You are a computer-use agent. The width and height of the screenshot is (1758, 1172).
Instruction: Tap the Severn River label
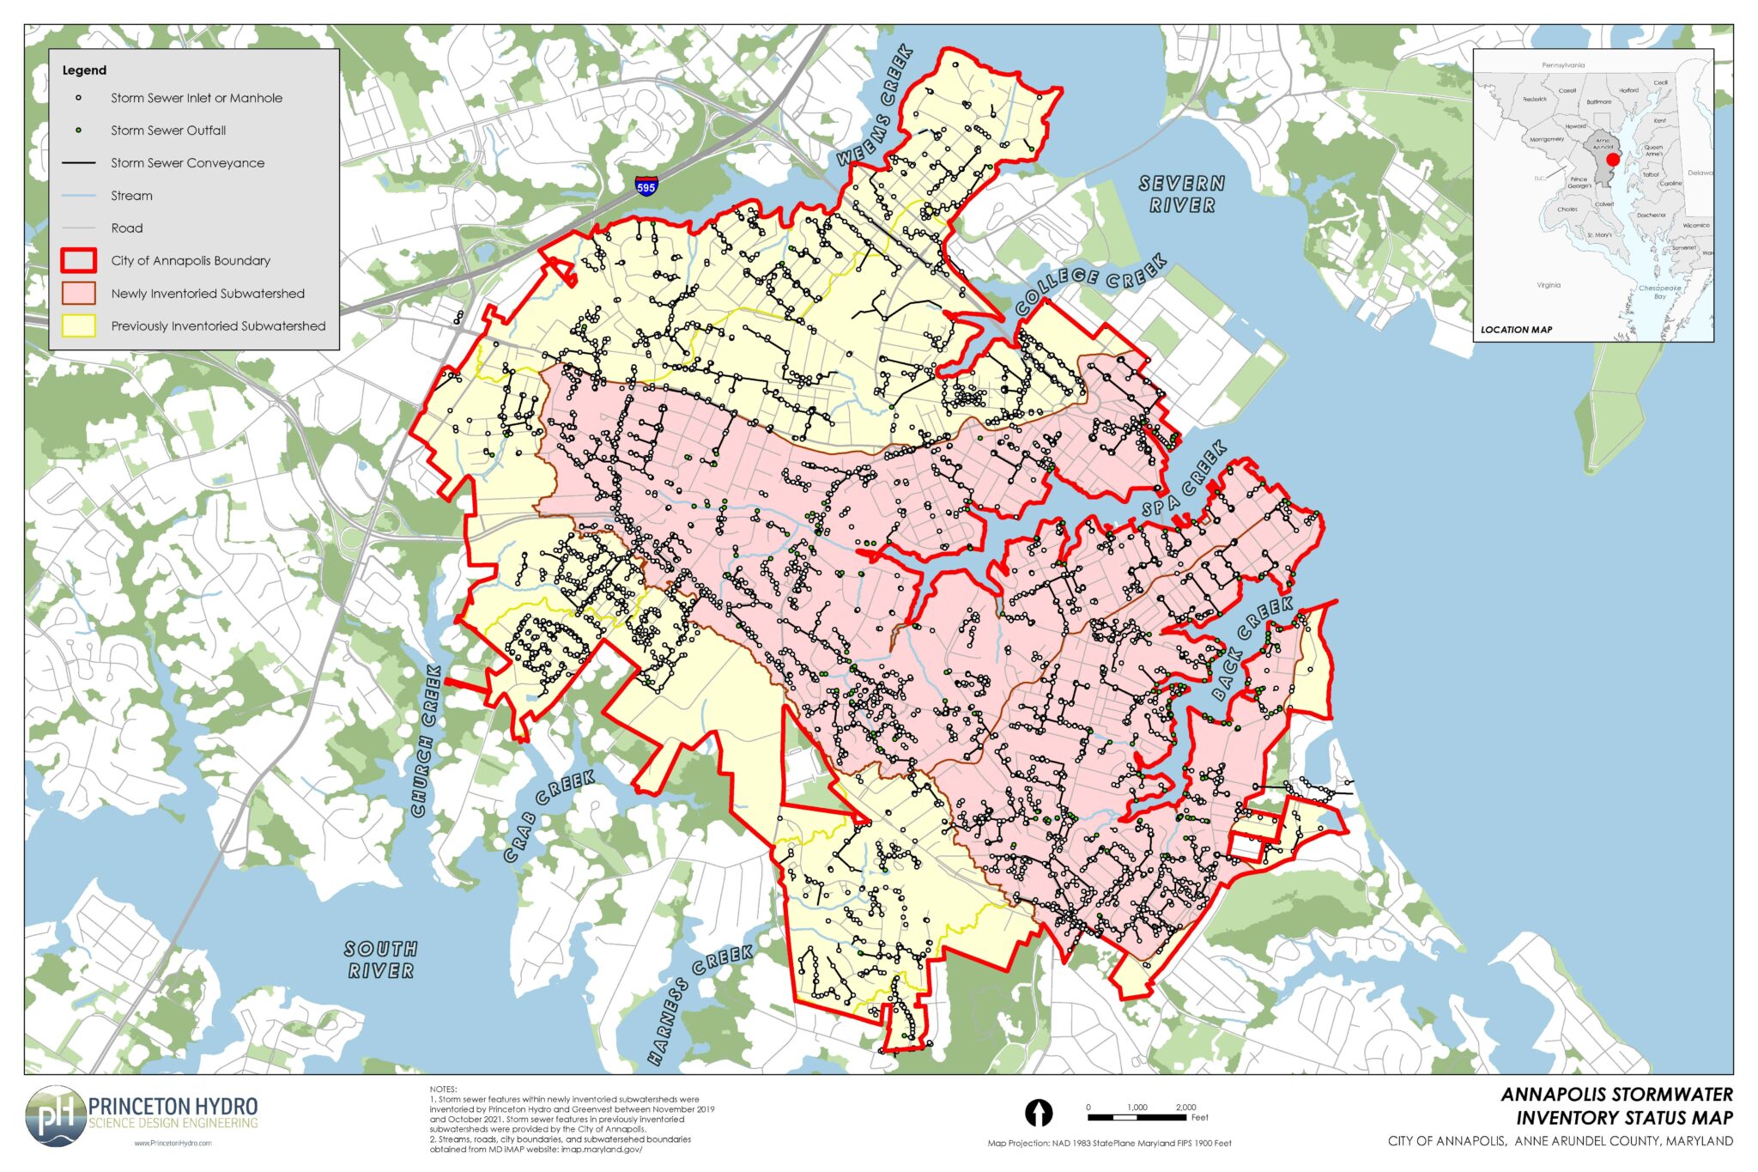pyautogui.click(x=1182, y=194)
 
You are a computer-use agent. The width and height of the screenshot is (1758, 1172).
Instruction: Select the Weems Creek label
pyautogui.click(x=876, y=106)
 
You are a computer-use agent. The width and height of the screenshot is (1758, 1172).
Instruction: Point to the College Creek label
pyautogui.click(x=1090, y=283)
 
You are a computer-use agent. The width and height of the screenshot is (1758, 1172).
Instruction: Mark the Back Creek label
pyautogui.click(x=1252, y=648)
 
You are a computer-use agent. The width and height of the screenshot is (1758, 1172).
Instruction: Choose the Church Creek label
pyautogui.click(x=427, y=740)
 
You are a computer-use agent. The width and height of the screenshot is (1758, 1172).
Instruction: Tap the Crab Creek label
pyautogui.click(x=549, y=815)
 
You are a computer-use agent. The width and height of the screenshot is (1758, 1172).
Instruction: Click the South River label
pyautogui.click(x=380, y=959)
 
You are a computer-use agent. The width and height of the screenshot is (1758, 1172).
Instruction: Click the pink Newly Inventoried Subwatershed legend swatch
pyautogui.click(x=78, y=293)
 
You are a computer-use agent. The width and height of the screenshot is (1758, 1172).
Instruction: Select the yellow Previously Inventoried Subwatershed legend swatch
pyautogui.click(x=78, y=325)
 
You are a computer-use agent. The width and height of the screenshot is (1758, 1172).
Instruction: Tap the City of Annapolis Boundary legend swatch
pyautogui.click(x=78, y=260)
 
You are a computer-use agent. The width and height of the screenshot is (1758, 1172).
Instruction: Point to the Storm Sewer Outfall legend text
pyautogui.click(x=168, y=131)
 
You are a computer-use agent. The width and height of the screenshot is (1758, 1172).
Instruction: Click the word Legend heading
pyautogui.click(x=84, y=70)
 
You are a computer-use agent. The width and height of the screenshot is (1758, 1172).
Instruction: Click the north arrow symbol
pyautogui.click(x=1040, y=1113)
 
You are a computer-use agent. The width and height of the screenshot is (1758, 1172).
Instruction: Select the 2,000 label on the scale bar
pyautogui.click(x=1185, y=1107)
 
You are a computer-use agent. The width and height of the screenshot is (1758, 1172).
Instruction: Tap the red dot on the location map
pyautogui.click(x=1612, y=160)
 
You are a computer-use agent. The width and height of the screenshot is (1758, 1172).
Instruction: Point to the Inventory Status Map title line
pyautogui.click(x=1624, y=1118)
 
